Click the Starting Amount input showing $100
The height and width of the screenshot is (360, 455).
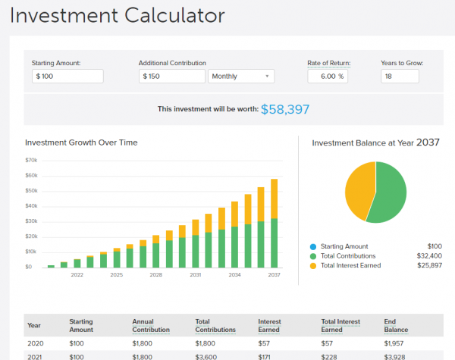point(67,77)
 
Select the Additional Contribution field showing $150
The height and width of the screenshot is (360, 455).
point(172,77)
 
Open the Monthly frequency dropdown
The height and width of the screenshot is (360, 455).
point(240,77)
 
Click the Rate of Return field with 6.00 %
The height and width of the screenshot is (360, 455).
point(328,76)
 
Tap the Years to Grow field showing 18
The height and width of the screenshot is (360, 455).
point(400,76)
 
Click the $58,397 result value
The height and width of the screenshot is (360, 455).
point(285,109)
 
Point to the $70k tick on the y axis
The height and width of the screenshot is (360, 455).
point(31,161)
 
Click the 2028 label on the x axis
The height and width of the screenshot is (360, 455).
point(156,274)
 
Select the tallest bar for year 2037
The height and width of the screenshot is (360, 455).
point(274,223)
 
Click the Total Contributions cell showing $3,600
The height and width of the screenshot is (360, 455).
point(208,356)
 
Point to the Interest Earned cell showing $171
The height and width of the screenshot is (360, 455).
point(266,356)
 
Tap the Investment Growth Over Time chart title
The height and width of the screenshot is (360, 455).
point(81,142)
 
